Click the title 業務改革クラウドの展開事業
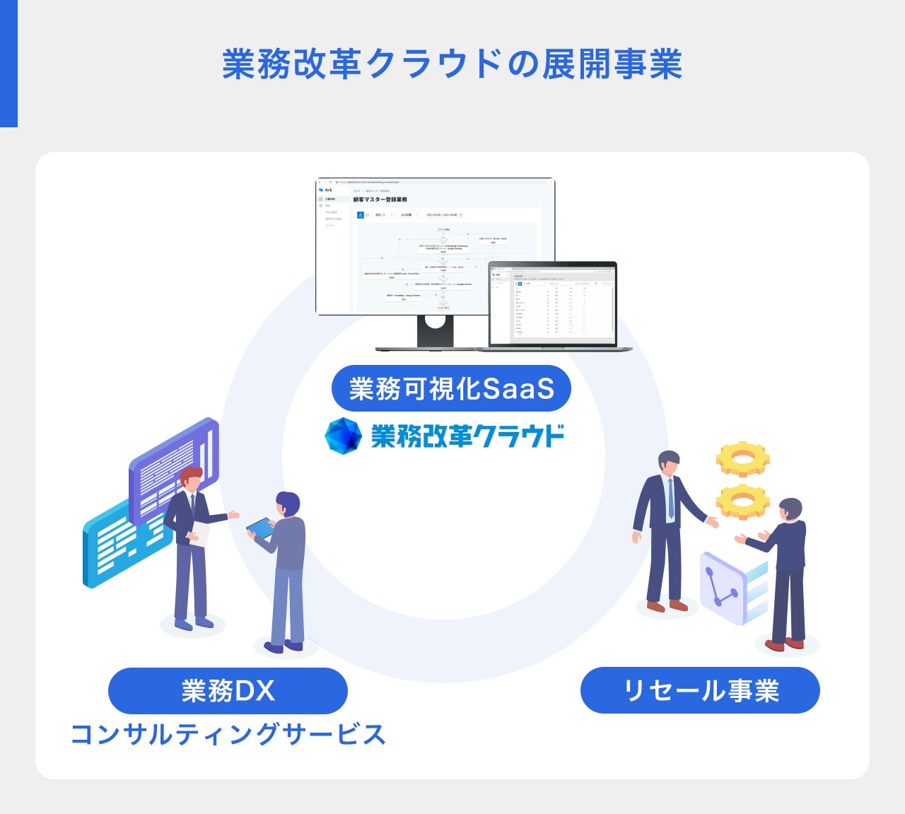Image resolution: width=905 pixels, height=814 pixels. click(452, 64)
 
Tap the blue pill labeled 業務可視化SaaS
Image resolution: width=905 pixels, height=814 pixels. click(451, 388)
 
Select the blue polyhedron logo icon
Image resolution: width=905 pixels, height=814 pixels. click(343, 435)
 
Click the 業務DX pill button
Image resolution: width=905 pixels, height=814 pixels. click(228, 690)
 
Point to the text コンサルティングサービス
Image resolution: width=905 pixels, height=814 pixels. click(228, 734)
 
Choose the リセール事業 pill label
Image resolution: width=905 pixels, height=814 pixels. click(700, 690)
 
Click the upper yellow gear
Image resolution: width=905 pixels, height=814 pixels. click(742, 460)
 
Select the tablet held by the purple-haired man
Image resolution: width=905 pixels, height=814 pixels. click(260, 528)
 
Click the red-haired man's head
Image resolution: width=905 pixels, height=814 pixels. click(190, 478)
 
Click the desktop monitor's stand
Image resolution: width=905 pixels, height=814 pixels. click(435, 330)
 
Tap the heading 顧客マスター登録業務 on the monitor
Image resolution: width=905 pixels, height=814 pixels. click(380, 200)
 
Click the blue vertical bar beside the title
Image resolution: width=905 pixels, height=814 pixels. click(8, 64)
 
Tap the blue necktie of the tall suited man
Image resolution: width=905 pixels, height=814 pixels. click(670, 498)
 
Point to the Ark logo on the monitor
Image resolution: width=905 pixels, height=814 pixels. click(325, 190)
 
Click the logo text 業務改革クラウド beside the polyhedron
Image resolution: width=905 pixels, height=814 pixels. click(467, 436)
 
